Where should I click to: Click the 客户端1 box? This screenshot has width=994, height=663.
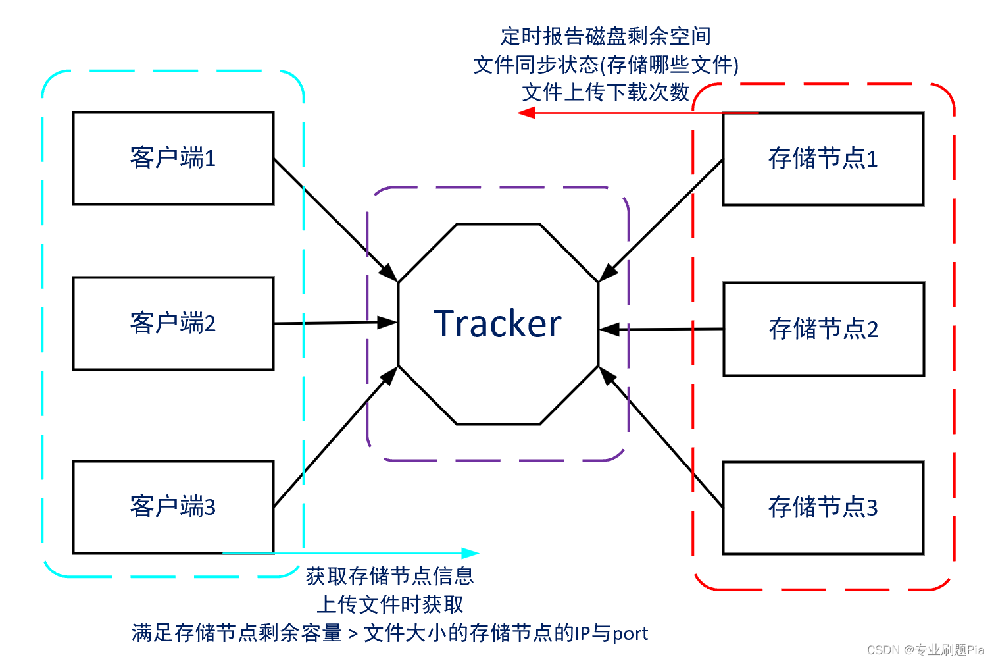pos(173,158)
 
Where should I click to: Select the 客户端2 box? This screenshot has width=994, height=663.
pos(173,323)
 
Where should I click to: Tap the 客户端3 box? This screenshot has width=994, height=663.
pos(173,507)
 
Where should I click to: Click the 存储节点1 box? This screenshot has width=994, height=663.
pos(823,159)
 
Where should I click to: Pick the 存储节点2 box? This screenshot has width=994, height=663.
pos(824,329)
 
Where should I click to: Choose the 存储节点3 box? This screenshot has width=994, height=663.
pos(823,508)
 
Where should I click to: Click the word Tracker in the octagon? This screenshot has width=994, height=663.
pos(498,324)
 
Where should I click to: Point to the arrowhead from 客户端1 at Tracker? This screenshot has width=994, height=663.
pos(390,273)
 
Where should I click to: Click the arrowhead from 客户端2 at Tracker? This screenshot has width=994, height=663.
pos(388,323)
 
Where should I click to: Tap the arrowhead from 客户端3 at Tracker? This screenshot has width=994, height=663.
pos(390,375)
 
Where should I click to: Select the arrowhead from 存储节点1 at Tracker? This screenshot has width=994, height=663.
pos(608,273)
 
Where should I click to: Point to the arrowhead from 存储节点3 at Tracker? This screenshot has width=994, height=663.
pos(607,376)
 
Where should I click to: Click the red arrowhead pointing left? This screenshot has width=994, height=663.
pos(526,113)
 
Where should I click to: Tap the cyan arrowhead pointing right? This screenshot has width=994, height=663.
pos(471,553)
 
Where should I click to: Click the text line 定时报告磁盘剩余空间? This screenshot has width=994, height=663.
pos(605,36)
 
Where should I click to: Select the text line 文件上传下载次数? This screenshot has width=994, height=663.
pos(605,92)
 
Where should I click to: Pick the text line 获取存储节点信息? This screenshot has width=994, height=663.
pos(389,576)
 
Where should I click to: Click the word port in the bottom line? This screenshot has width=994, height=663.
pos(630,633)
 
